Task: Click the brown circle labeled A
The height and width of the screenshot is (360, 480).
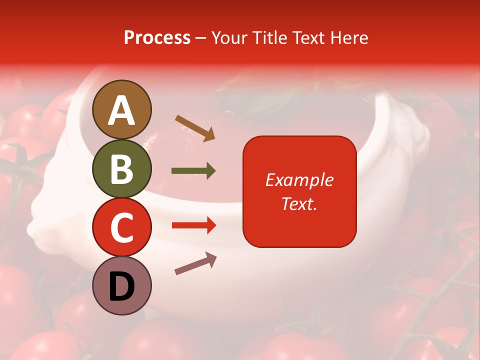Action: tap(121, 109)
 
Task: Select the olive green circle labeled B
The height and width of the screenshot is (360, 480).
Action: tap(121, 168)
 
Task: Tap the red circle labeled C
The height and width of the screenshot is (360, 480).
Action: tap(121, 227)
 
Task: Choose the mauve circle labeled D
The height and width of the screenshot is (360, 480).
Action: tap(121, 285)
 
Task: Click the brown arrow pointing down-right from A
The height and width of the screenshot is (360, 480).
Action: tap(195, 128)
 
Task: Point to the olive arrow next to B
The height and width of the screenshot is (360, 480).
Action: tap(193, 171)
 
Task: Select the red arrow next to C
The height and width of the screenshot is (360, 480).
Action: tap(193, 225)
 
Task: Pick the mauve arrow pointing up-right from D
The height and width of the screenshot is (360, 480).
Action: tap(195, 263)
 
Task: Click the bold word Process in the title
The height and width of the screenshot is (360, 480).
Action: tap(157, 37)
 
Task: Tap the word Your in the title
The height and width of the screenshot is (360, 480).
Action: tap(230, 37)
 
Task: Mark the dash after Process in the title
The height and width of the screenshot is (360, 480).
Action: tap(201, 38)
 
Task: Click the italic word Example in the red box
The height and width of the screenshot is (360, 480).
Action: tap(299, 180)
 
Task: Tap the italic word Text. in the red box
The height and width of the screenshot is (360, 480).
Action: tap(299, 203)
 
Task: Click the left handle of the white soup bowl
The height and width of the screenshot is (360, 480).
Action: tap(47, 215)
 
